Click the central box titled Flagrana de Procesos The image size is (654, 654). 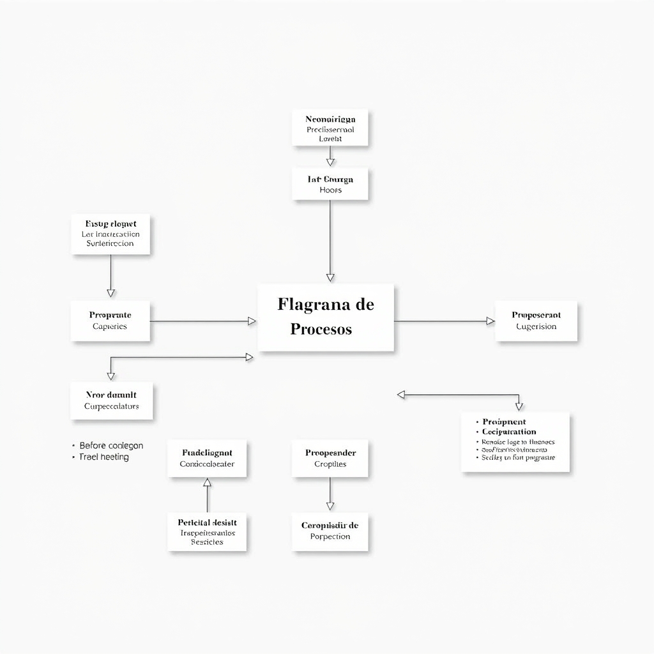tap(326, 317)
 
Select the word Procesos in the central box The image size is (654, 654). tap(321, 330)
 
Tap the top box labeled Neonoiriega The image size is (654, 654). tap(330, 128)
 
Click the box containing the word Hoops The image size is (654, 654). tap(330, 184)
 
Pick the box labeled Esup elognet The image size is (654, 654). tap(110, 234)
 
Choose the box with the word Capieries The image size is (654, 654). tap(110, 321)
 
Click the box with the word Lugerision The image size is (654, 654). tap(536, 321)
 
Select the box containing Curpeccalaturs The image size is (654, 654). tap(111, 400)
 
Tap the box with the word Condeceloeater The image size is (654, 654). tap(207, 458)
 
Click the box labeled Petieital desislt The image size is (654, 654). tap(207, 531)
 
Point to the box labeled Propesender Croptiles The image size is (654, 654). tap(330, 458)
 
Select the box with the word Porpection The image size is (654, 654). tap(330, 531)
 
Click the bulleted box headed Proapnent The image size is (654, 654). tap(515, 442)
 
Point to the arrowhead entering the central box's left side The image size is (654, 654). tap(252, 321)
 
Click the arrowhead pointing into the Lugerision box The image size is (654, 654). tap(490, 321)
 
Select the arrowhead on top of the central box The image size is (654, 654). tap(330, 277)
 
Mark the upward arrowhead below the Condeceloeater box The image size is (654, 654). tap(207, 482)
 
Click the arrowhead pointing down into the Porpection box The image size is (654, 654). tap(330, 506)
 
